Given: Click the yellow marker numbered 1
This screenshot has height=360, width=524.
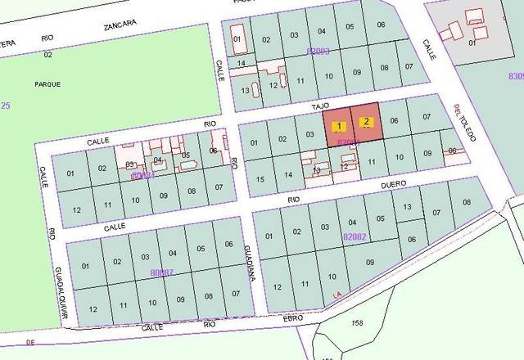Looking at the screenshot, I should [x=340, y=125].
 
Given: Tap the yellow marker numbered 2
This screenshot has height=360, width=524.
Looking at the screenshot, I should [x=368, y=122].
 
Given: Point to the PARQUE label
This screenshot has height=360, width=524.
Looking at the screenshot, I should [x=47, y=84].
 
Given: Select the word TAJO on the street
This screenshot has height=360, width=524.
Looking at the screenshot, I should [x=319, y=106].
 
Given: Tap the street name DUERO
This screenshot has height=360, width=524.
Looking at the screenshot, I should [x=395, y=186].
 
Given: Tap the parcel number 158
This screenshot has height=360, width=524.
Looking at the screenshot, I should [x=357, y=323].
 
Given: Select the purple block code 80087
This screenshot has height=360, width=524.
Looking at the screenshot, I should [x=162, y=272].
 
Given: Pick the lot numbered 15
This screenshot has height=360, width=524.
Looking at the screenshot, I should [x=260, y=178].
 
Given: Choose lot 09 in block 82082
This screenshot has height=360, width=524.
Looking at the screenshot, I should [x=370, y=263].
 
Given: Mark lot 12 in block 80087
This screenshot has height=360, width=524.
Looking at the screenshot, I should [x=93, y=309].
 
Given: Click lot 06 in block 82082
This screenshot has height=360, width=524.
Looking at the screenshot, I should [x=412, y=240].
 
